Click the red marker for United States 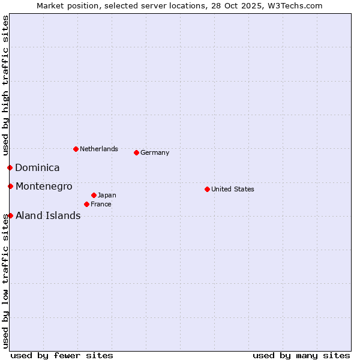tap(207, 189)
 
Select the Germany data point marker tap(136, 152)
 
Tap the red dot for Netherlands tap(76, 149)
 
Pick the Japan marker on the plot tap(94, 195)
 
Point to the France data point tap(86, 204)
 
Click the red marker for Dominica tap(10, 167)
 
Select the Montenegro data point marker tap(10, 186)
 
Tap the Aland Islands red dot tap(10, 215)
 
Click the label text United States tap(233, 189)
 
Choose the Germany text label tap(155, 152)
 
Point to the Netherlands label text tap(99, 149)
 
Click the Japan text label tap(107, 195)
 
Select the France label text tap(101, 204)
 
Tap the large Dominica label tap(37, 167)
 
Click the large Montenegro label tap(44, 186)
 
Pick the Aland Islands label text tap(48, 215)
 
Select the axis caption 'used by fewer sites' tap(62, 355)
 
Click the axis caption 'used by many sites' tap(301, 355)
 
